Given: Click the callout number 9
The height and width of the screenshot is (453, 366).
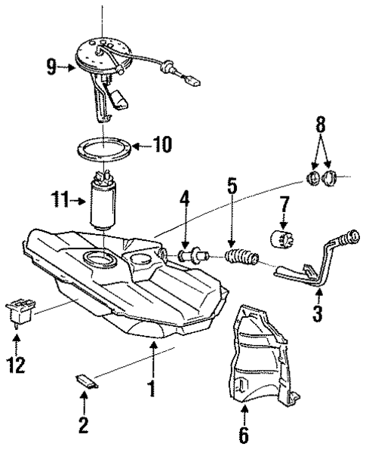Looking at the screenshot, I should (51, 68).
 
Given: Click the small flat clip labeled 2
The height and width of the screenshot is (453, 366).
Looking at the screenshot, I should (85, 381).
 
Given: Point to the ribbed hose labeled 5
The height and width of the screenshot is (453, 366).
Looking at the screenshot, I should (241, 260).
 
